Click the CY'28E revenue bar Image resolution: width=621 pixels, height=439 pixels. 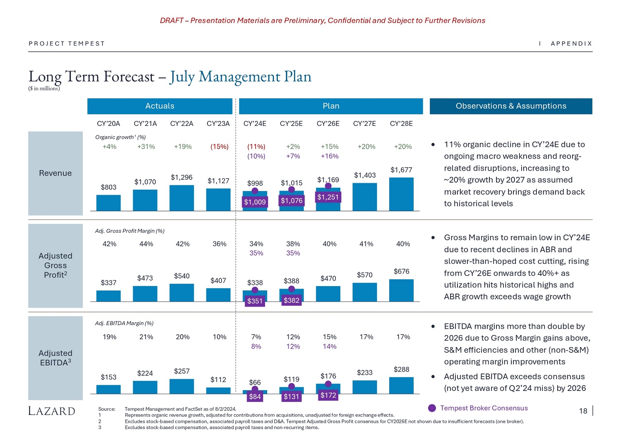[401, 194]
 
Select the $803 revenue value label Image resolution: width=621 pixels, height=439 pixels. [108, 187]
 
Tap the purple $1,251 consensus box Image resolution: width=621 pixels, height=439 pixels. [328, 197]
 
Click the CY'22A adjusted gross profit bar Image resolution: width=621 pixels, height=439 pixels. [182, 292]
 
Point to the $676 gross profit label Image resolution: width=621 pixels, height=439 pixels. [401, 271]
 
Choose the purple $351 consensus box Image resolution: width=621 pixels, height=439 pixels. [255, 301]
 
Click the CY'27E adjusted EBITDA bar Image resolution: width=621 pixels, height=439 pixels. [365, 387]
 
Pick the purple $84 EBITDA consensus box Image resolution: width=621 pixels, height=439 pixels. [255, 397]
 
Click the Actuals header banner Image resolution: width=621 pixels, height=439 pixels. [160, 106]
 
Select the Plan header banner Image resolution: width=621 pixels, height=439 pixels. [331, 106]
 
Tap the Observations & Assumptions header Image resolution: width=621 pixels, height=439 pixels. [511, 106]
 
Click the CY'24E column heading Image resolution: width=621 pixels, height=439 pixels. [255, 123]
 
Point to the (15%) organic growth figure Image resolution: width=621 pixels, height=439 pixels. [219, 147]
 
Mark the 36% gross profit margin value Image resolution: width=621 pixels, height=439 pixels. [219, 244]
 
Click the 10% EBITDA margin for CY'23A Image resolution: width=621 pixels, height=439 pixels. [219, 337]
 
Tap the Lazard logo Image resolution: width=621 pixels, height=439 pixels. [52, 411]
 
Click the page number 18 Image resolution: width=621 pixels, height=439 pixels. [583, 411]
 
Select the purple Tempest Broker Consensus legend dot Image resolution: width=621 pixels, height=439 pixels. [432, 408]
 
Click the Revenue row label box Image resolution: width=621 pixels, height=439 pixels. [55, 173]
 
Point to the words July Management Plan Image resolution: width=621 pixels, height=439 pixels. [240, 77]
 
